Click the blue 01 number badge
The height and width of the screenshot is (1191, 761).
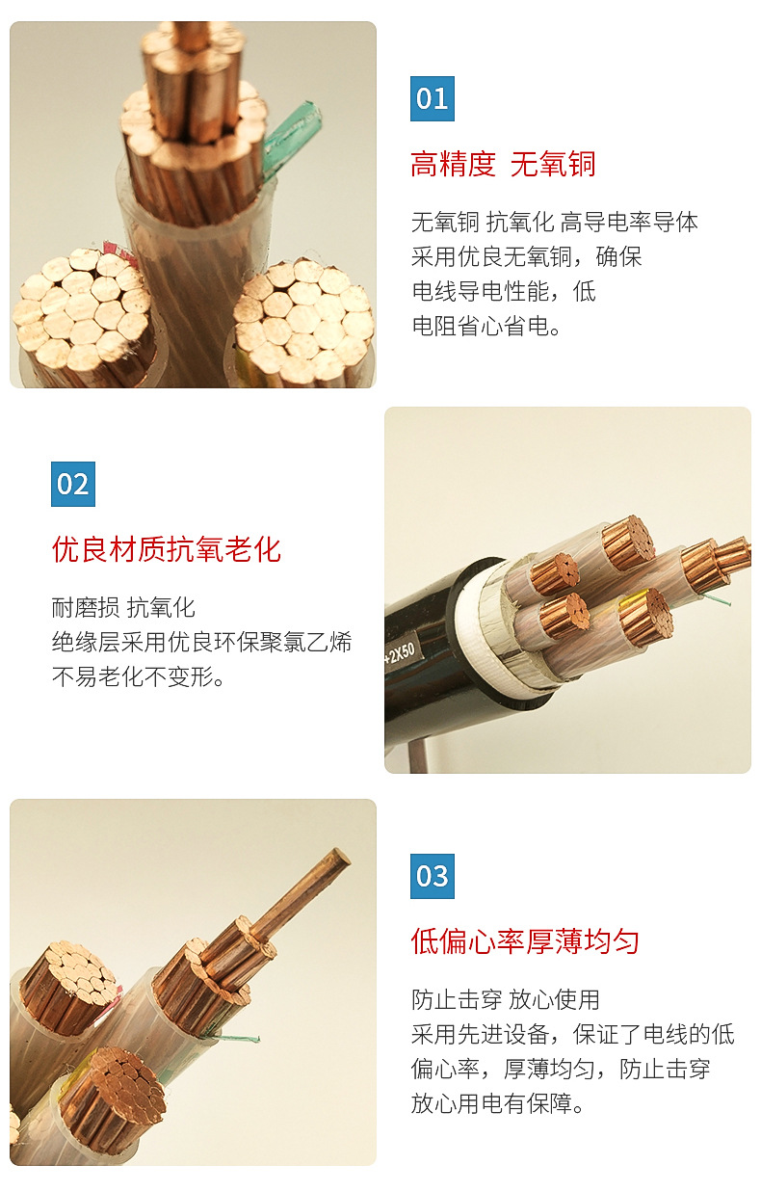click(432, 98)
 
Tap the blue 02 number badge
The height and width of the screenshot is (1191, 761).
click(73, 484)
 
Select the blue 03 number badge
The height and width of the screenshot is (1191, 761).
click(432, 876)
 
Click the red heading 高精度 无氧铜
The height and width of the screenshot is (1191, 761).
click(503, 164)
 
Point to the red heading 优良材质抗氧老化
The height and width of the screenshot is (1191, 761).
click(167, 549)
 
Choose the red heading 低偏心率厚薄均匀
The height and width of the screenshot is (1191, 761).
click(525, 940)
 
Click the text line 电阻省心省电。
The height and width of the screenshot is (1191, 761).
click(486, 326)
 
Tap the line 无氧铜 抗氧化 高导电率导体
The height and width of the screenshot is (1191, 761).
click(554, 223)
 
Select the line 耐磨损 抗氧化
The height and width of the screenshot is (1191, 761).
click(123, 607)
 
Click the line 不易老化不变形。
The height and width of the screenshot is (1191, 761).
click(139, 676)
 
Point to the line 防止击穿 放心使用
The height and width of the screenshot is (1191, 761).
click(505, 999)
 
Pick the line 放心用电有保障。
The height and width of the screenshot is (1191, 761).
click(498, 1103)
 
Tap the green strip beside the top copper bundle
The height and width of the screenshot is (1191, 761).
click(292, 138)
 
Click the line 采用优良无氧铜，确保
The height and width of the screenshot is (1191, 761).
click(526, 256)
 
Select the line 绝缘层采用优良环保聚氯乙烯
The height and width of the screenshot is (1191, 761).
click(201, 642)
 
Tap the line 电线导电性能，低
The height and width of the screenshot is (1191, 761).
click(503, 291)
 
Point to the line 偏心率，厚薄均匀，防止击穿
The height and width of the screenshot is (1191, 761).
click(561, 1069)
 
